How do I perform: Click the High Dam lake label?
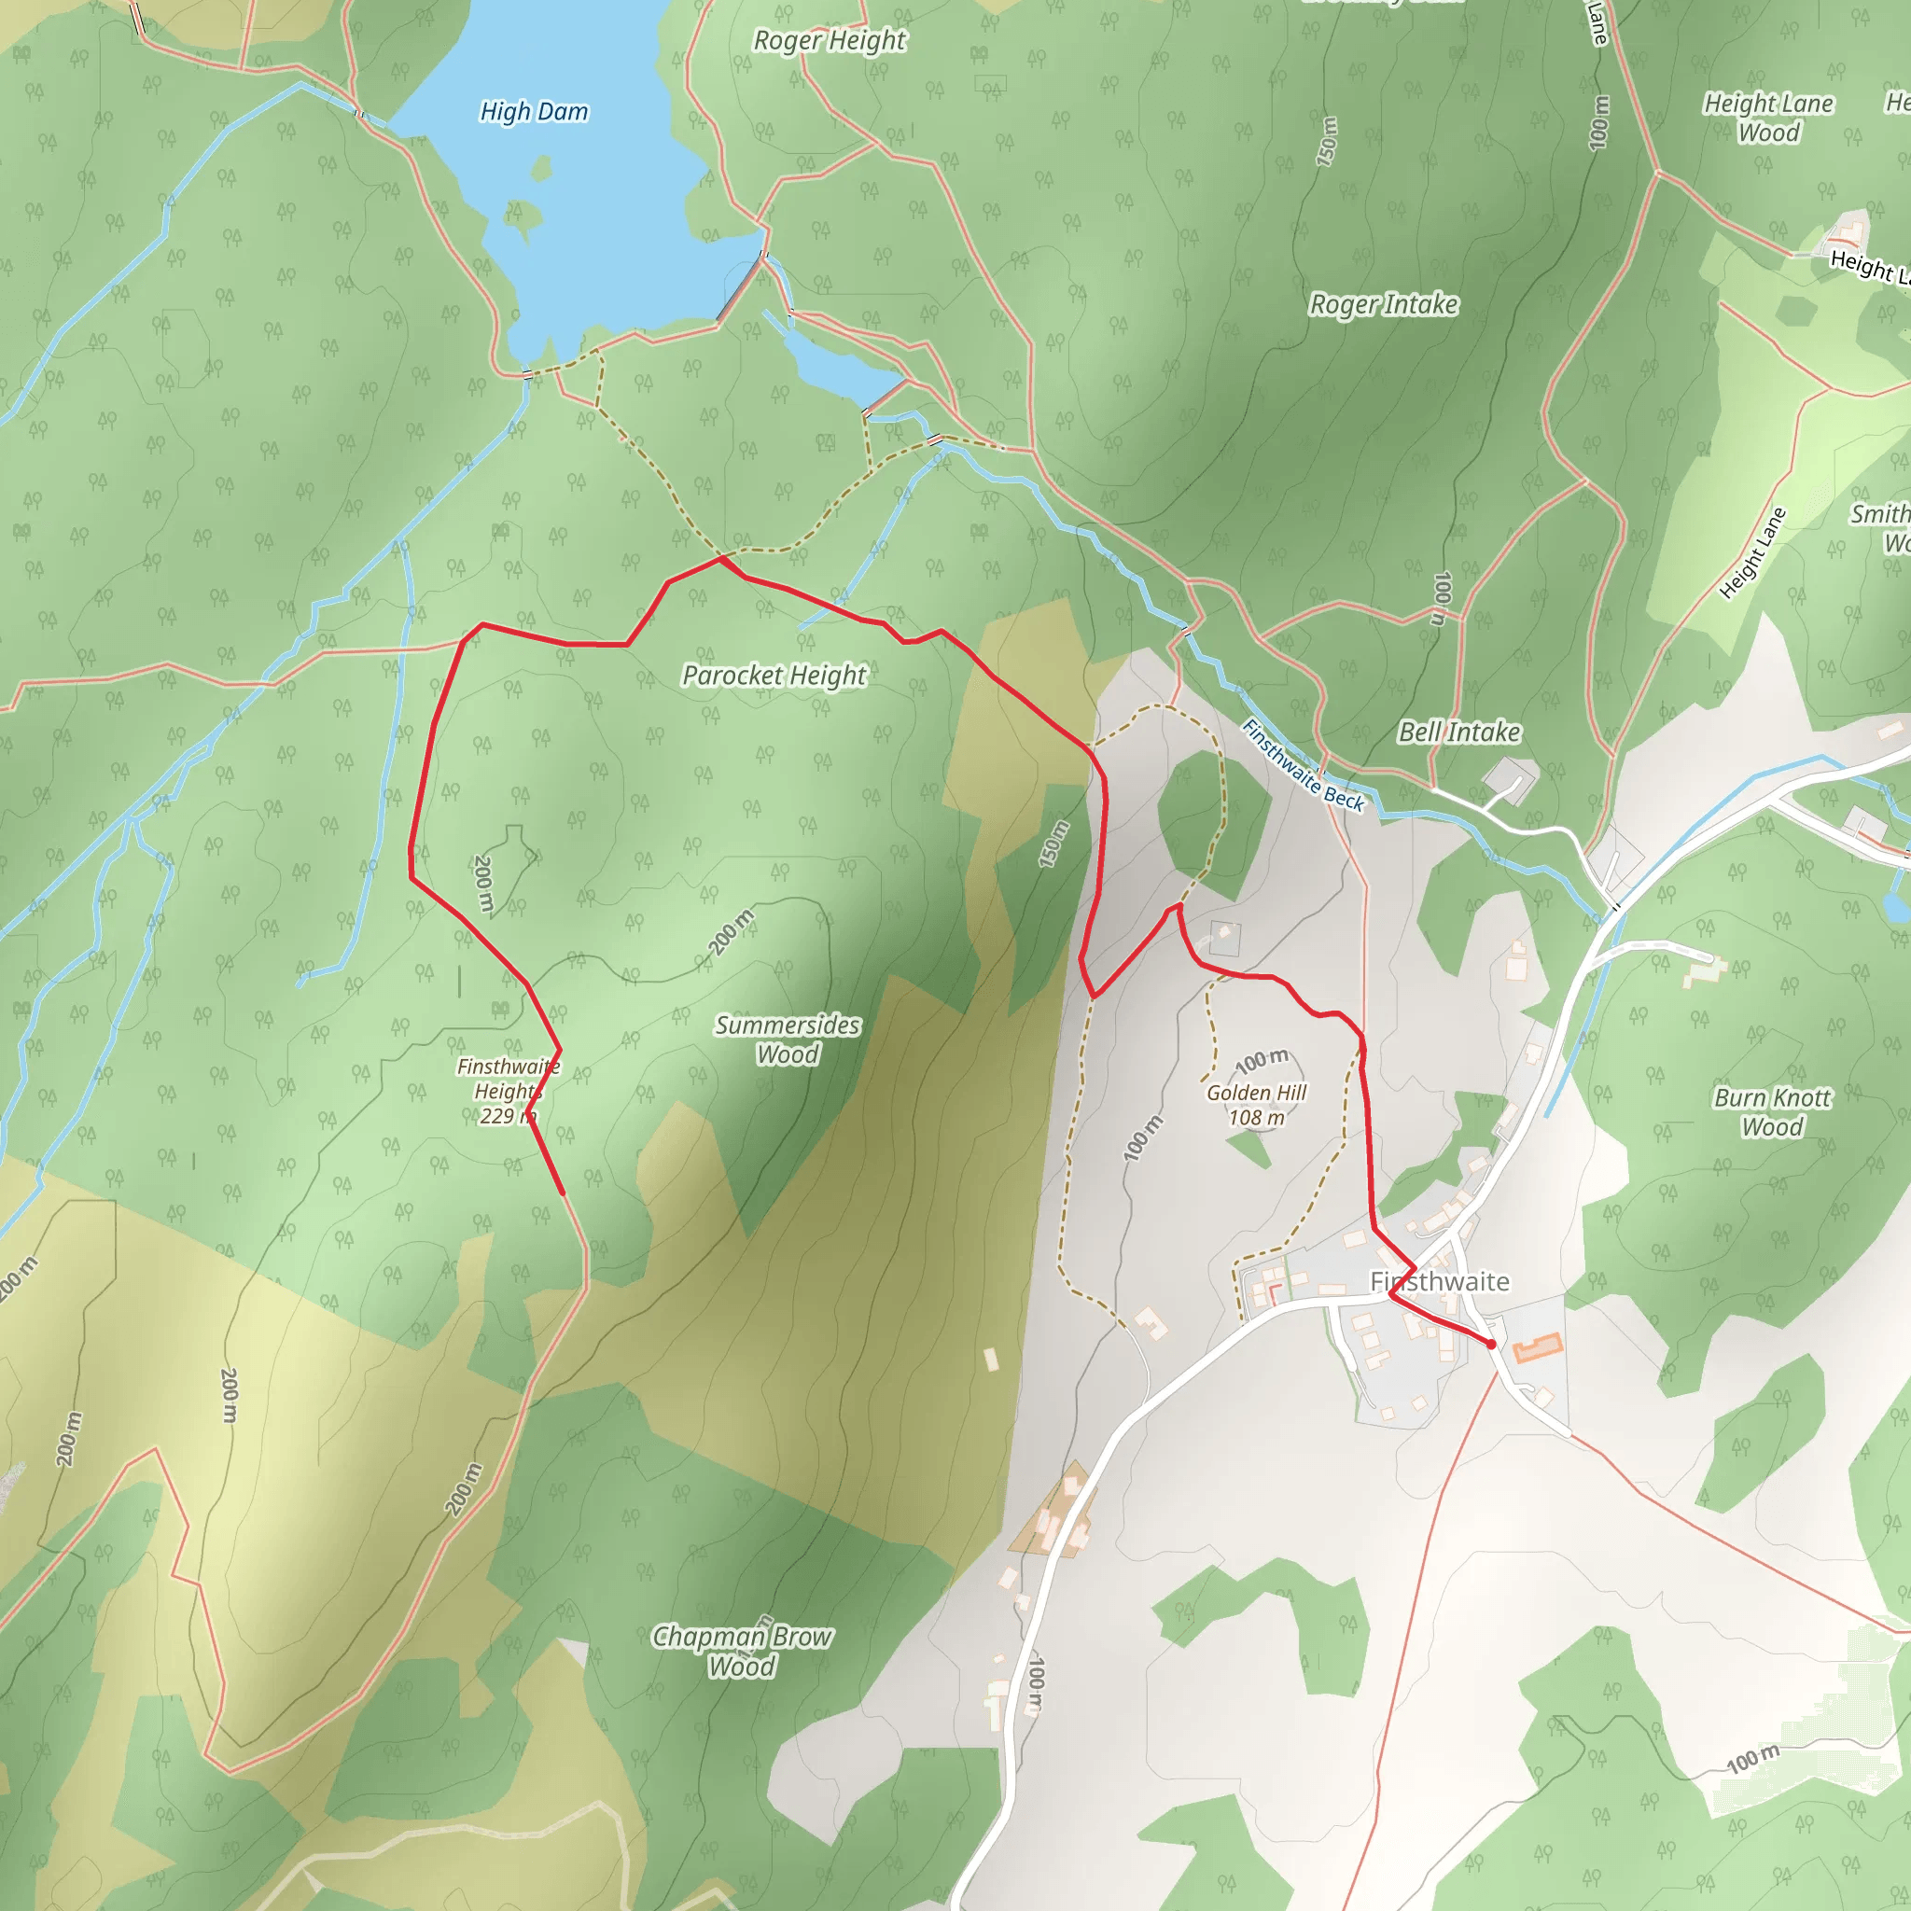[534, 112]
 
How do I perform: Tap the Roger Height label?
[829, 40]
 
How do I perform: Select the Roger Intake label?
[1383, 304]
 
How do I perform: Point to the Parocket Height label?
[774, 676]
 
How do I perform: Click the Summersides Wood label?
[788, 1039]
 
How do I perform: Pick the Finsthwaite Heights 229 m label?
[508, 1091]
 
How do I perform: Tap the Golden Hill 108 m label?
[1256, 1105]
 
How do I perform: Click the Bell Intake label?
[1459, 732]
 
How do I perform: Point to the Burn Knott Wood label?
[1772, 1111]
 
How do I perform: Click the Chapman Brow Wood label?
[742, 1651]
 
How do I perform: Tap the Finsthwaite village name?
[1439, 1282]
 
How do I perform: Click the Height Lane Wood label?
[1768, 118]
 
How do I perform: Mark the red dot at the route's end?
[1490, 1344]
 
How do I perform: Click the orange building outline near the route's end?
[1537, 1347]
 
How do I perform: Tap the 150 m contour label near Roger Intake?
[1328, 141]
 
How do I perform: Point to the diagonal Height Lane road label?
[1753, 554]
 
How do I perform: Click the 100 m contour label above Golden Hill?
[1262, 1061]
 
